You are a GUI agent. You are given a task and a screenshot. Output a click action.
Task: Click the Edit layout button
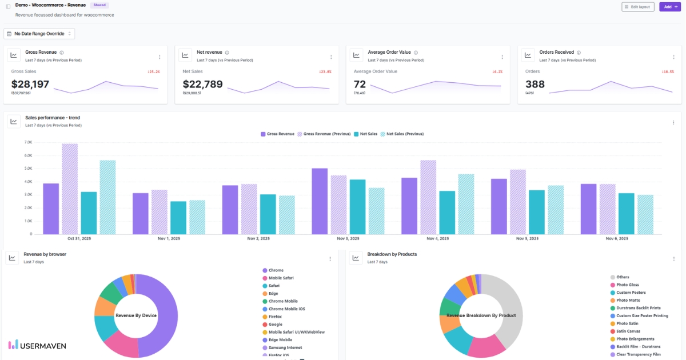pos(637,7)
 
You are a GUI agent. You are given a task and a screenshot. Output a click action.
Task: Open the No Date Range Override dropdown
pos(39,34)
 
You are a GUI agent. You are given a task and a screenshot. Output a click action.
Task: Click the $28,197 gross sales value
pos(30,85)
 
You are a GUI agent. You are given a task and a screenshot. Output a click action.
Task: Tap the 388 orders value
pos(535,85)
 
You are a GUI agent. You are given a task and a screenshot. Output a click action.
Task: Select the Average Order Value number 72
pos(360,85)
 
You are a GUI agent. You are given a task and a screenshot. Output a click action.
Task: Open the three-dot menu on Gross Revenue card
pos(159,57)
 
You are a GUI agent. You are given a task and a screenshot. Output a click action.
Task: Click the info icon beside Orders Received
pos(579,53)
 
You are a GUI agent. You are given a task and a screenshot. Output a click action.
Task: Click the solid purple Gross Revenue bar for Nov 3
pos(320,201)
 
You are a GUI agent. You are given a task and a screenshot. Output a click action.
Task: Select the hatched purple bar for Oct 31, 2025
pos(70,189)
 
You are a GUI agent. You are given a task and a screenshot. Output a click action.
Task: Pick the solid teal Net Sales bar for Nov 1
pos(178,217)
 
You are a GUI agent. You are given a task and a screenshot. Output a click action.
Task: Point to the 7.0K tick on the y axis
pos(28,142)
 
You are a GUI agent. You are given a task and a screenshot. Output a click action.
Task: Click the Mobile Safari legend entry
pos(281,278)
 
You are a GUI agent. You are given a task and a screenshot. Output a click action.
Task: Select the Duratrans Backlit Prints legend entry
pos(638,308)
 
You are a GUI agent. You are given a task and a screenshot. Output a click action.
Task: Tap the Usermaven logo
pos(37,345)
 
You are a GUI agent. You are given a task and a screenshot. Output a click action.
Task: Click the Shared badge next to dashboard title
pos(99,5)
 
